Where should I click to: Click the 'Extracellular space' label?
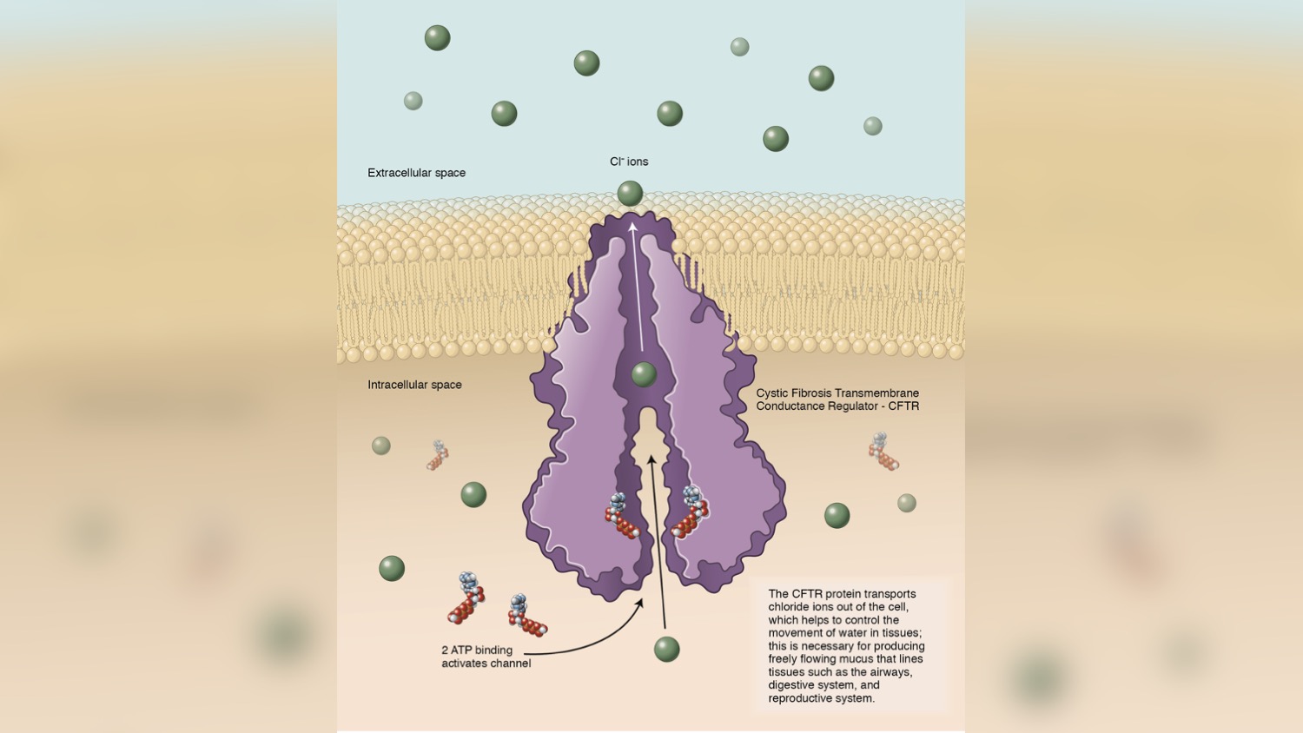(416, 173)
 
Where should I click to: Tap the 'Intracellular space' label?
(414, 385)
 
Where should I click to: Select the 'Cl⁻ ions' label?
(629, 162)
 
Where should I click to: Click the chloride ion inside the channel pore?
(644, 374)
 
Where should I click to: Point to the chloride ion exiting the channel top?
(630, 193)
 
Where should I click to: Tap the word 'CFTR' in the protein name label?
(903, 406)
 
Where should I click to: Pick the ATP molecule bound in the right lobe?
(691, 512)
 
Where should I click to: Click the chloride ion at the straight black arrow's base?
(666, 649)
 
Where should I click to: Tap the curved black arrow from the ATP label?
(591, 638)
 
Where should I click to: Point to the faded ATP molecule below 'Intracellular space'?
(438, 455)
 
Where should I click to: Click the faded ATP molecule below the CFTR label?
(883, 452)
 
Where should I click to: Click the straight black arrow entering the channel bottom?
(658, 538)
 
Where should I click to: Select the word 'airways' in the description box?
(890, 672)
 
